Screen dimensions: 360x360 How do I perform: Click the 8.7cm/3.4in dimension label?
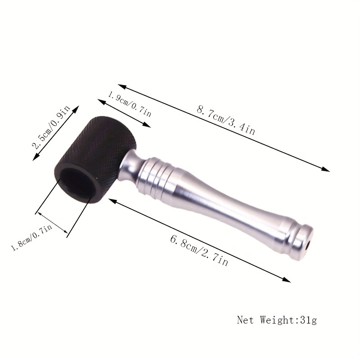coord(226,120)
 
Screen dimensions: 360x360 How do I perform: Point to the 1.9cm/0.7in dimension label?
coord(130,104)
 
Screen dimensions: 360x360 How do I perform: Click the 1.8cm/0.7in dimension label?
coord(32,238)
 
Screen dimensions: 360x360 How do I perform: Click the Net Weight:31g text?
coord(277,320)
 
